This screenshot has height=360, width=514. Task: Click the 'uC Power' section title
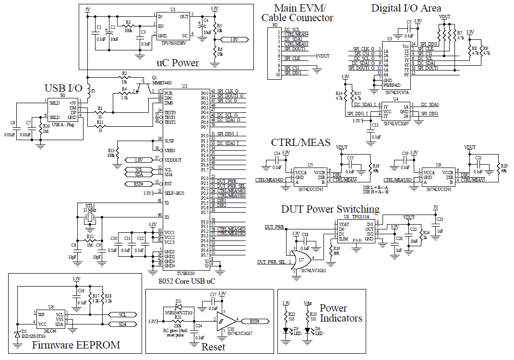coord(178,62)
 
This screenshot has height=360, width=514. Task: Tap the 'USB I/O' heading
coord(63,88)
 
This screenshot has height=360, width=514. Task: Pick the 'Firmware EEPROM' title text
coord(75,345)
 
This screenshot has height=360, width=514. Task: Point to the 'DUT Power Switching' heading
coord(330,209)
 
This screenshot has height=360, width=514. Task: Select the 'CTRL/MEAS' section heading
coord(300,143)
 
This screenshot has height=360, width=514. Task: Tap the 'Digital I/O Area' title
coord(406,8)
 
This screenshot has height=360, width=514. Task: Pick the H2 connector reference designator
coord(275,24)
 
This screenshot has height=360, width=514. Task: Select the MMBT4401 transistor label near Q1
coord(162,82)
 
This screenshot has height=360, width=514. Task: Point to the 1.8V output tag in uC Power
coord(235,40)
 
